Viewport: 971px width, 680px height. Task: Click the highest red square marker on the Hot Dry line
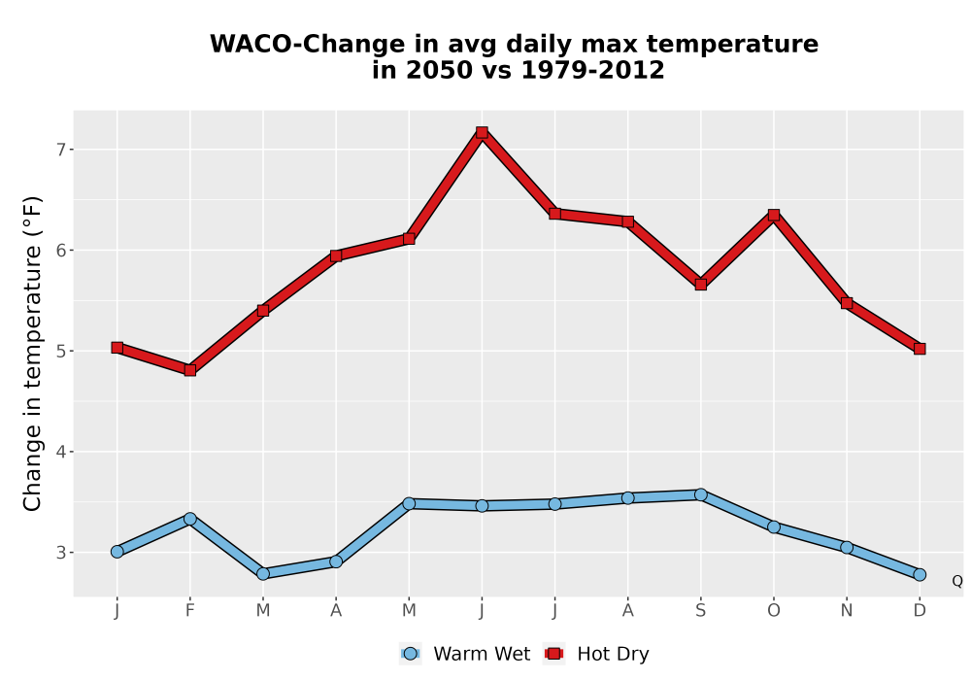pos(482,132)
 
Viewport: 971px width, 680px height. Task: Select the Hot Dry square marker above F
pos(190,370)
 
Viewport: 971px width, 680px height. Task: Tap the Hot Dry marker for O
pos(774,215)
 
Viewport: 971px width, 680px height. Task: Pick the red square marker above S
pos(700,285)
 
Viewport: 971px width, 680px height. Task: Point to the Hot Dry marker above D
pos(920,350)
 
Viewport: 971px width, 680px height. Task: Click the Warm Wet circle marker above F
pos(190,519)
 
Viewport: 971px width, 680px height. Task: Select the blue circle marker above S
pos(700,494)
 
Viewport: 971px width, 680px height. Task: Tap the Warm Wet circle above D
pos(920,575)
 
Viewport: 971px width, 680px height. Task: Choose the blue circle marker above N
pos(847,548)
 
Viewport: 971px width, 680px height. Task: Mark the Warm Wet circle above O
pos(774,527)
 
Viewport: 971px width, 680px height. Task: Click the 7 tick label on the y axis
pos(61,150)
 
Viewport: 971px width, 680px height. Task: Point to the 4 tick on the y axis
pos(61,452)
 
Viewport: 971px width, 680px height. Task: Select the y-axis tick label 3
pos(61,553)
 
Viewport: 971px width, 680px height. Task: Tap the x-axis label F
pos(190,611)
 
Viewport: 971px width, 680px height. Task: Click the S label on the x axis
pos(700,611)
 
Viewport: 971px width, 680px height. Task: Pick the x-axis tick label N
pos(847,611)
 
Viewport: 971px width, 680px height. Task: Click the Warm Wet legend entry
pos(465,654)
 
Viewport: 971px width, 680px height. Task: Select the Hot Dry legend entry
pos(596,654)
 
